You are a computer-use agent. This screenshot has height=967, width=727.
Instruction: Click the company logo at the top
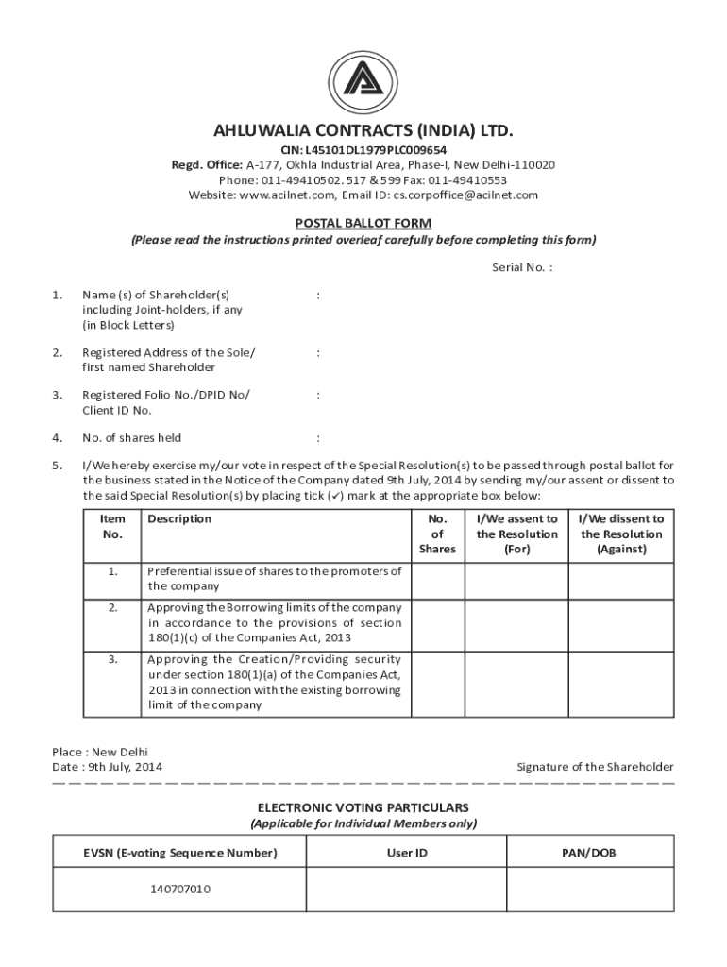pyautogui.click(x=363, y=77)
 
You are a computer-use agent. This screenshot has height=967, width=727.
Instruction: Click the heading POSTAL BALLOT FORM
pyautogui.click(x=363, y=224)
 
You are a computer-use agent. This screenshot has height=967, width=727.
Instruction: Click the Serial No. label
pyautogui.click(x=521, y=267)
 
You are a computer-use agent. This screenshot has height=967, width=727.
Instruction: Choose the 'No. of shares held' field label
pyautogui.click(x=131, y=438)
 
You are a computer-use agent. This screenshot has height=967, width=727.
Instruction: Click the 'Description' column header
pyautogui.click(x=179, y=518)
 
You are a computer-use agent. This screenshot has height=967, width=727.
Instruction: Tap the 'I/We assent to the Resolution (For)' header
pyautogui.click(x=516, y=534)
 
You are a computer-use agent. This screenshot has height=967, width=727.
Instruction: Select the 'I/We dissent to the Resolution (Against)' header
pyautogui.click(x=620, y=534)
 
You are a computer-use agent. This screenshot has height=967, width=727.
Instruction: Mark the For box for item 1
pyautogui.click(x=516, y=580)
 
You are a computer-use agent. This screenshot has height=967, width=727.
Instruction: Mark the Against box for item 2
pyautogui.click(x=620, y=623)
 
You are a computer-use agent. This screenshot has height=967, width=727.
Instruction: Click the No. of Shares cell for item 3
pyautogui.click(x=438, y=683)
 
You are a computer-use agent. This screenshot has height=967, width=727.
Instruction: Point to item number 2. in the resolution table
pyautogui.click(x=112, y=607)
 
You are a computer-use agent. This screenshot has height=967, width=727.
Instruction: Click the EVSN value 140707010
pyautogui.click(x=179, y=890)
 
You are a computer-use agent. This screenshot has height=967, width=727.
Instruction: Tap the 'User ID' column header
pyautogui.click(x=407, y=853)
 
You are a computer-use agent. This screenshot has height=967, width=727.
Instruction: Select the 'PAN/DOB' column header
pyautogui.click(x=589, y=853)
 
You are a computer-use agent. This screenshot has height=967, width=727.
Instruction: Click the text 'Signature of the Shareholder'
pyautogui.click(x=595, y=767)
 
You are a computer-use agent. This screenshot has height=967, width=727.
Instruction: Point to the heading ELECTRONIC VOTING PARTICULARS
pyautogui.click(x=363, y=808)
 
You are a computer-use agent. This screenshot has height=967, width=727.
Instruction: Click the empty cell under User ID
pyautogui.click(x=407, y=890)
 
